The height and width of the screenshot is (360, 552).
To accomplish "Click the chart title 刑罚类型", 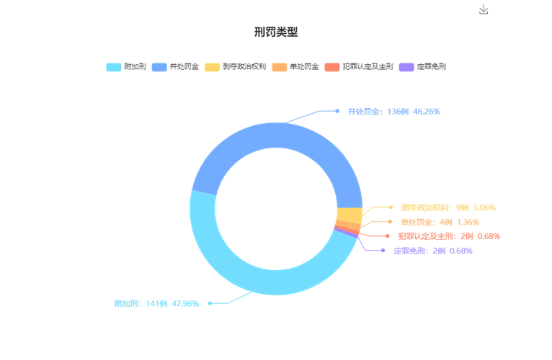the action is (x=276, y=32).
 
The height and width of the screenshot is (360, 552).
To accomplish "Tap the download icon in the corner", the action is (x=484, y=9).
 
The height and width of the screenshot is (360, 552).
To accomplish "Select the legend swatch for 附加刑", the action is (x=114, y=67).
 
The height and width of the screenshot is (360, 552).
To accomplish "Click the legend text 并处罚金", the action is (x=184, y=66).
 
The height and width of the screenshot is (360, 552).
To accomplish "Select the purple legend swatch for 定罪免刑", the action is (x=406, y=67).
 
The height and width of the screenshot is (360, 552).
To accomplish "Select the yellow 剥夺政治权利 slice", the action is (x=350, y=215).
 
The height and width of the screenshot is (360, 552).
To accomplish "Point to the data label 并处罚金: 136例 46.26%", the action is (x=394, y=112).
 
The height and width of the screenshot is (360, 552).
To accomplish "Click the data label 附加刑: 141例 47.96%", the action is (x=156, y=303).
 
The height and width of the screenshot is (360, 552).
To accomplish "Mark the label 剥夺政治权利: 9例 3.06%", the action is (x=448, y=207).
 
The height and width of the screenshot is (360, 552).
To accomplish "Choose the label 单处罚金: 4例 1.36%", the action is (x=440, y=222).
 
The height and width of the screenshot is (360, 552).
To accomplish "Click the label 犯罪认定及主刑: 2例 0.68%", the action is (x=449, y=236).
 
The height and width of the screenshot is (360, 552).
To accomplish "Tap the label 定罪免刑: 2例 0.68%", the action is (x=432, y=251).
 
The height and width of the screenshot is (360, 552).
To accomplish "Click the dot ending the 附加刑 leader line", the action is (x=210, y=303).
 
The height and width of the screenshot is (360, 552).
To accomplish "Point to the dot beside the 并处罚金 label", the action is (x=337, y=111).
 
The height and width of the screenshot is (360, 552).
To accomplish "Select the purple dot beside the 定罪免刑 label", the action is (x=383, y=251).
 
